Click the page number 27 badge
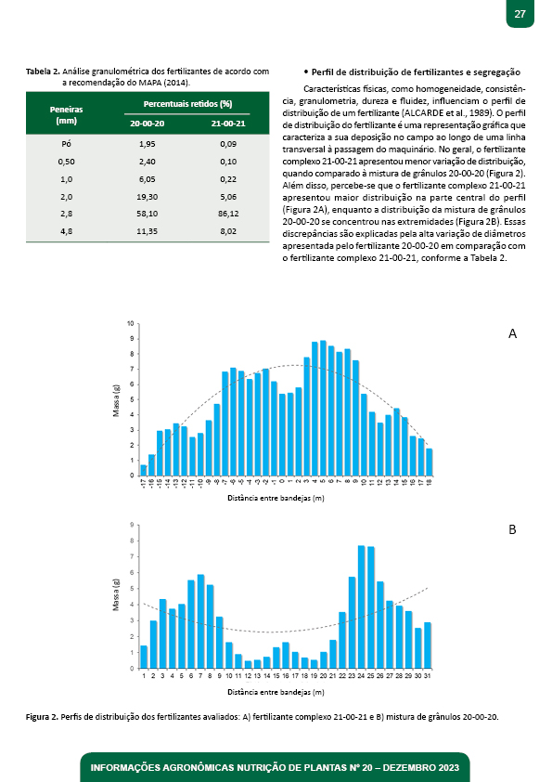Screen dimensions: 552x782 point(520,13)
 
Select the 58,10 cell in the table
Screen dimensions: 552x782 point(147,214)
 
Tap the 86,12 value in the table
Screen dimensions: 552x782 point(228,214)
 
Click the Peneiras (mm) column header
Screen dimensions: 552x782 point(66,115)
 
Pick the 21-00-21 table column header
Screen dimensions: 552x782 point(228,124)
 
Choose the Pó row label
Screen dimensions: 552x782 point(66,144)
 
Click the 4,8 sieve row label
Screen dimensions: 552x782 point(66,231)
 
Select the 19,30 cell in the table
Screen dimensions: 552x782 point(147,197)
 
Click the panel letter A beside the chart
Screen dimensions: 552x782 point(512,333)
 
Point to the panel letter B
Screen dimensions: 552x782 point(512,529)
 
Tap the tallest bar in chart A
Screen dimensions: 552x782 point(323,408)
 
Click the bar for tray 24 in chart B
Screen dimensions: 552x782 point(361,607)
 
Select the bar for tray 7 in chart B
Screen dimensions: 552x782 point(200,621)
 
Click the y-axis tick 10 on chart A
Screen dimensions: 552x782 point(131,324)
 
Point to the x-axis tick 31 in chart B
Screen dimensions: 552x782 point(427,676)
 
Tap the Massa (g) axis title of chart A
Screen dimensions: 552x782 point(116,400)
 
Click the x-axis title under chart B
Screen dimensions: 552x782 point(276,692)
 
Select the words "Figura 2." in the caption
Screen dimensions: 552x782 point(42,717)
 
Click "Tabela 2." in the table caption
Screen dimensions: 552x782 point(43,72)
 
